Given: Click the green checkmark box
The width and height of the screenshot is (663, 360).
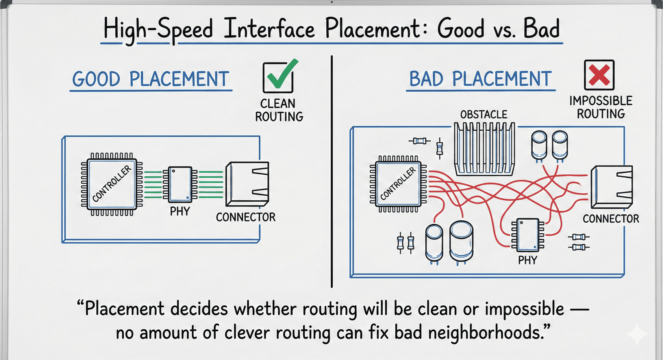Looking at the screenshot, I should pyautogui.click(x=278, y=77).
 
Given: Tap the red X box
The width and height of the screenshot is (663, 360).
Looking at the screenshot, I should pyautogui.click(x=599, y=75).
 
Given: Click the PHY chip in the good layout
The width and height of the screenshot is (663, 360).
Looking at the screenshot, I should pyautogui.click(x=180, y=184).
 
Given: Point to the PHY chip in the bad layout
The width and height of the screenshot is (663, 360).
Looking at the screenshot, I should pyautogui.click(x=528, y=235).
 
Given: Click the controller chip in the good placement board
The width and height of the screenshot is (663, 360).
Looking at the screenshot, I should pyautogui.click(x=112, y=184).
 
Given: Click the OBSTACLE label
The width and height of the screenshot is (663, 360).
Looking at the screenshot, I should pyautogui.click(x=483, y=114).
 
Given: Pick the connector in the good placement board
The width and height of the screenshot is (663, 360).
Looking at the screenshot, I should pyautogui.click(x=247, y=184).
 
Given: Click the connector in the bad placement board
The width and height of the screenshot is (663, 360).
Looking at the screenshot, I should pyautogui.click(x=611, y=187).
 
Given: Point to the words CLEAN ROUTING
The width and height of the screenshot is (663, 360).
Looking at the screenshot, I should pyautogui.click(x=279, y=110).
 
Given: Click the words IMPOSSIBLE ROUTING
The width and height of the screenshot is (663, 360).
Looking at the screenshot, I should pyautogui.click(x=601, y=107).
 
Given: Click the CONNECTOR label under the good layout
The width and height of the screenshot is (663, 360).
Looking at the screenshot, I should pyautogui.click(x=246, y=217).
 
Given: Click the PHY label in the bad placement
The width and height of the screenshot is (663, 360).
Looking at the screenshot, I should pyautogui.click(x=527, y=260).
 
